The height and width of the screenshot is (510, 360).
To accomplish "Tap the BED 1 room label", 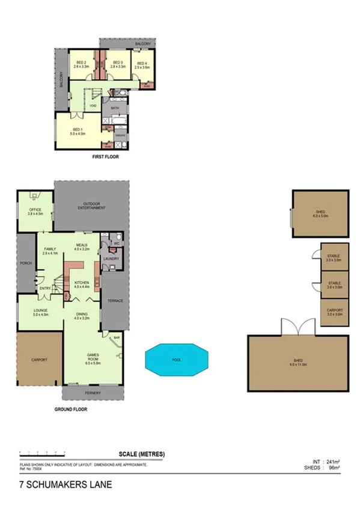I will pyautogui.click(x=77, y=131).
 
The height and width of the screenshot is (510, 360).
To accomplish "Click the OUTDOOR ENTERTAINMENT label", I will pyautogui.click(x=91, y=206).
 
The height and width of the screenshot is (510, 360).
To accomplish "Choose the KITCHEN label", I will pyautogui.click(x=82, y=283).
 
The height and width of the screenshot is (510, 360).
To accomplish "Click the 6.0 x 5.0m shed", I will pyautogui.click(x=320, y=213).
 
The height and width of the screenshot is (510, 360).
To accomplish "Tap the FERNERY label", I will pyautogui.click(x=92, y=393).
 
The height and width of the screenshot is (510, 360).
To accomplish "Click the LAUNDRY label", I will pyautogui.click(x=111, y=259).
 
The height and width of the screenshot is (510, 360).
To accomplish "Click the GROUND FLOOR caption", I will pyautogui.click(x=71, y=409).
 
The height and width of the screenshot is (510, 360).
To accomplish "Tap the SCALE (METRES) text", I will pyautogui.click(x=142, y=453).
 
